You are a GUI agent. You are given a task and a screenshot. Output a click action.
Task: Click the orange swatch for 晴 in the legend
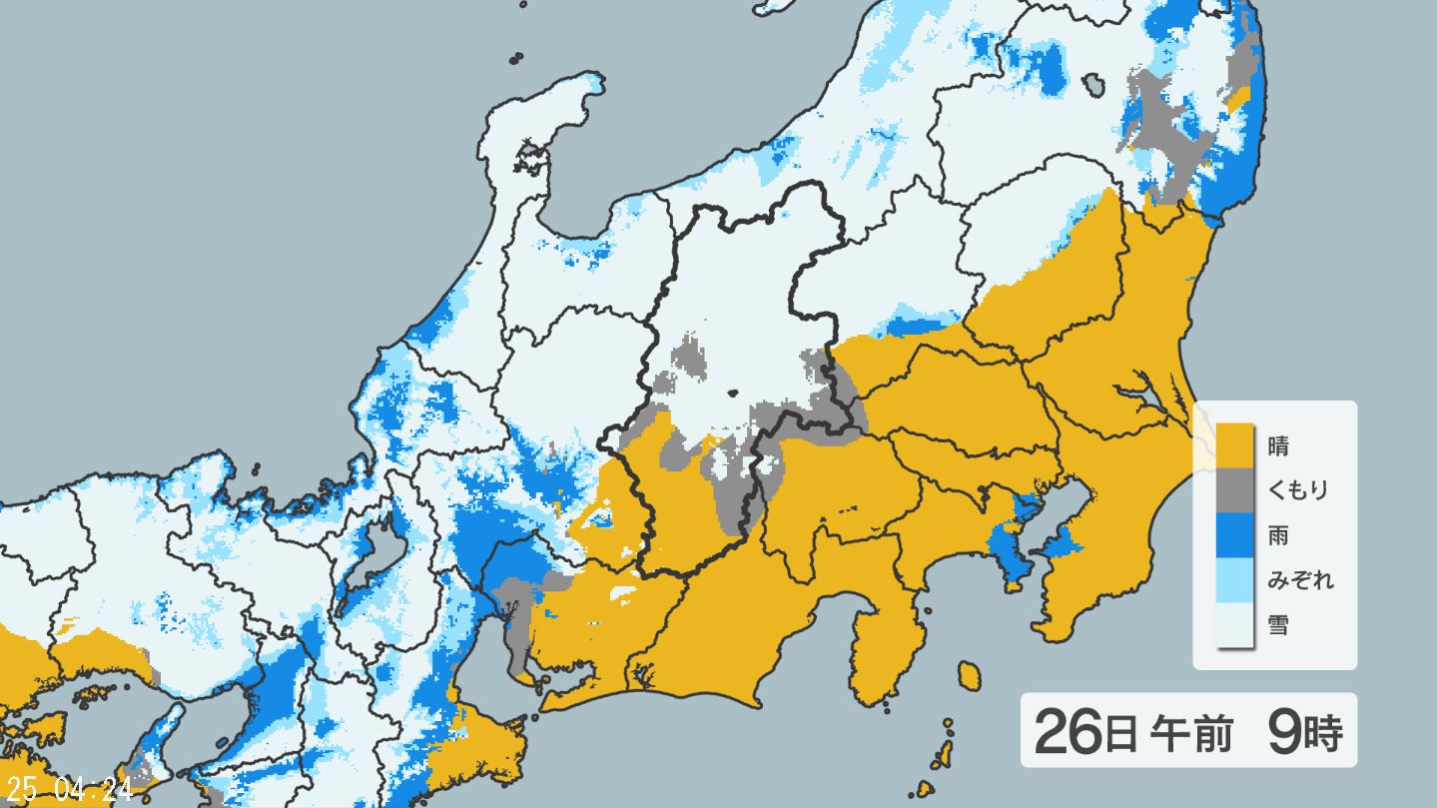point(1233,445)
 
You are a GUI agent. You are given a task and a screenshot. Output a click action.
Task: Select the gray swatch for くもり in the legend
point(1233,490)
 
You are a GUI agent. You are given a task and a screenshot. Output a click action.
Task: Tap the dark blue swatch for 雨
point(1233,536)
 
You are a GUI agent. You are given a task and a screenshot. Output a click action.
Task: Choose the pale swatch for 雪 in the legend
point(1233,625)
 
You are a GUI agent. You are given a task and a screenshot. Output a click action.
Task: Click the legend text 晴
point(1278,445)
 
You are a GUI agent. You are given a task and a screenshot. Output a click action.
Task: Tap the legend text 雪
point(1278,625)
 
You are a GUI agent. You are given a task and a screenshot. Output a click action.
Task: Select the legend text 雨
point(1278,536)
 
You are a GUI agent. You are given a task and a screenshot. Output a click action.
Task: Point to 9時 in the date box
point(1303,733)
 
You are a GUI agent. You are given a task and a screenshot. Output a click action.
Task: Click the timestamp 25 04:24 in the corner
point(68,791)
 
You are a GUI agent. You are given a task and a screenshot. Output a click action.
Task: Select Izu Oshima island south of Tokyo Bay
point(968,675)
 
